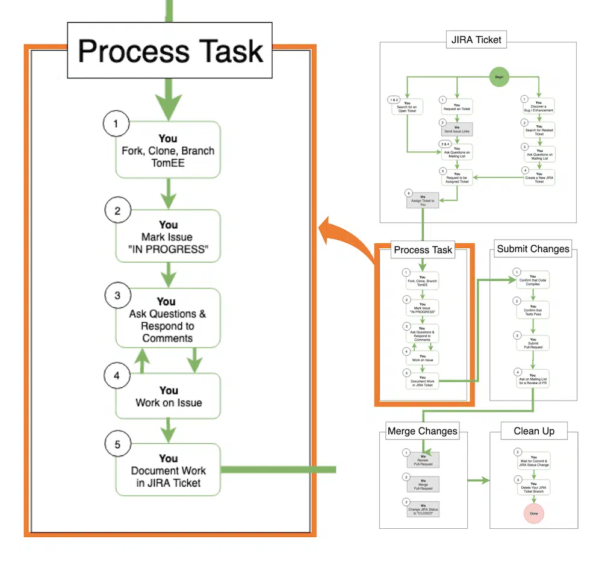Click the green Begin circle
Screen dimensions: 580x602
(x=498, y=76)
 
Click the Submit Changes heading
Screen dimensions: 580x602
(x=533, y=249)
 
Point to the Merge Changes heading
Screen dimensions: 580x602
(x=422, y=431)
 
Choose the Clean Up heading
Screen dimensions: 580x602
(x=534, y=431)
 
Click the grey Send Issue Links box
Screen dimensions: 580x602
(x=457, y=129)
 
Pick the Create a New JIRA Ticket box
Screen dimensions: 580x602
(x=539, y=178)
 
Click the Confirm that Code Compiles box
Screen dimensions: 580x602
(x=533, y=280)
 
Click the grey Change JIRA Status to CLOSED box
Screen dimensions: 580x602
(x=423, y=510)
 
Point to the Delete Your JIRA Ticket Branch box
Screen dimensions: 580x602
(x=533, y=488)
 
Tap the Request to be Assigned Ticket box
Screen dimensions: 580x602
(x=457, y=178)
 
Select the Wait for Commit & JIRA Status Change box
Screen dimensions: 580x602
(x=533, y=461)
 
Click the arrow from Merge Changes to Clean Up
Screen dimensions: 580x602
(x=479, y=480)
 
